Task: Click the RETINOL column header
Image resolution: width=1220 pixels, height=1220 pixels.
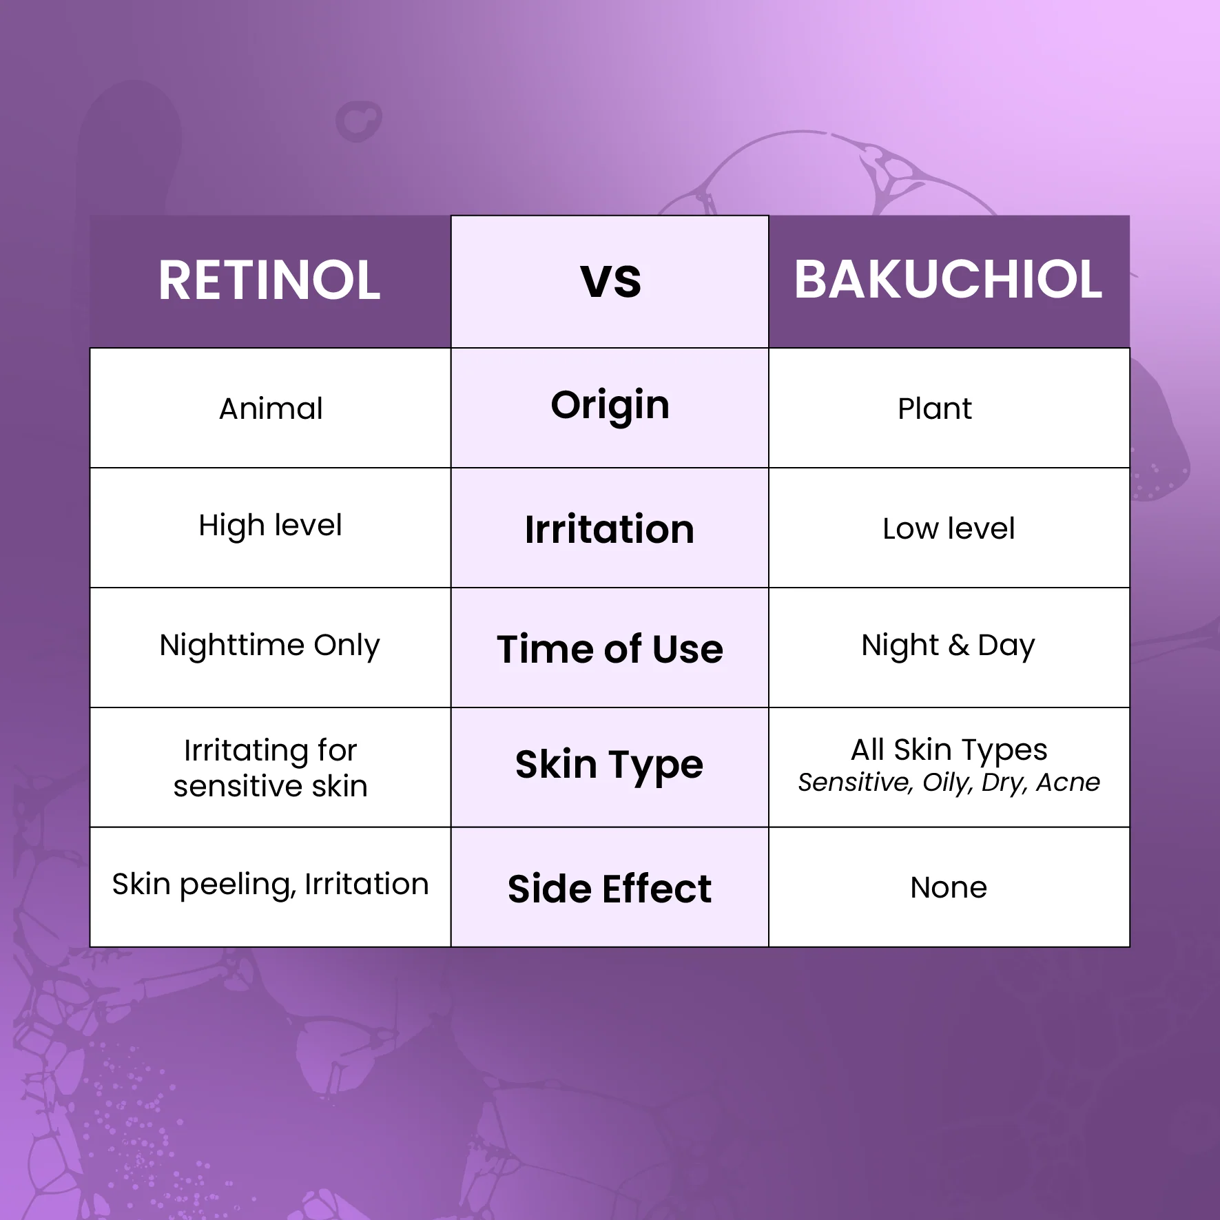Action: pos(269,280)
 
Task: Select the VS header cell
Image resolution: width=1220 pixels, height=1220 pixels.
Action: pos(610,280)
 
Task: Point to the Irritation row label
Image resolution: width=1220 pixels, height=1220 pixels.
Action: pos(610,529)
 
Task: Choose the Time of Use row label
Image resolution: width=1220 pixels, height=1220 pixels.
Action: pos(610,649)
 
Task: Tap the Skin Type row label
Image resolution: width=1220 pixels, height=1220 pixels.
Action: pos(610,765)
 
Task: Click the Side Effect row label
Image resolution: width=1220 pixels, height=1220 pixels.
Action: pos(610,889)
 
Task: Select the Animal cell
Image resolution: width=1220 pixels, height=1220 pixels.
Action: pos(271,409)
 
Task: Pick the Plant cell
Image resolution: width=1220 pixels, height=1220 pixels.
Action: pos(934,409)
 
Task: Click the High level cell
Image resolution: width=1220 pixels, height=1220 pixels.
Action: pos(270,526)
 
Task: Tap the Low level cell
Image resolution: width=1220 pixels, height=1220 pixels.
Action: pos(949,529)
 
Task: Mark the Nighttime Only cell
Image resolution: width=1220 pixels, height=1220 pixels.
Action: pos(269,645)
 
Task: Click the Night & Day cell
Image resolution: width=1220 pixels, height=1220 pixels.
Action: pos(948,645)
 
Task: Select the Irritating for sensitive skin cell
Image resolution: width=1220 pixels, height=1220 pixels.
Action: pos(270,767)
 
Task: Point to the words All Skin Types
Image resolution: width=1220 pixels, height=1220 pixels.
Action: pos(949,749)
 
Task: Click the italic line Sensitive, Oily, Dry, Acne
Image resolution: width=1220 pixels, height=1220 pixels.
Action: pos(949,783)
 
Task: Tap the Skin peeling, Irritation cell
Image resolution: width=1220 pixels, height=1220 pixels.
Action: pos(270,884)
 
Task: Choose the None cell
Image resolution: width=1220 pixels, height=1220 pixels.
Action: pos(949,887)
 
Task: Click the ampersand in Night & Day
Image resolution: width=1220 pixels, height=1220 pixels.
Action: pos(958,645)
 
